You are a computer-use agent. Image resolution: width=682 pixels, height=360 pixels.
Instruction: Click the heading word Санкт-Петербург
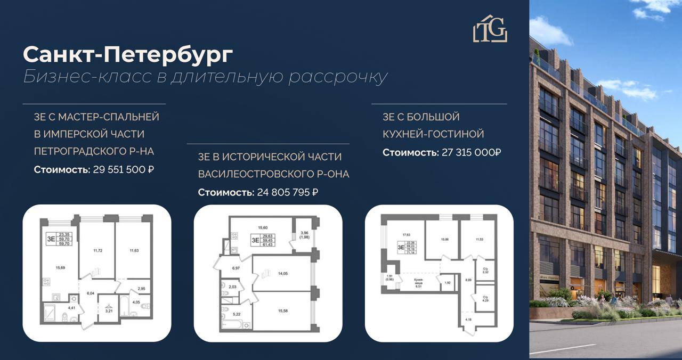pos(128,54)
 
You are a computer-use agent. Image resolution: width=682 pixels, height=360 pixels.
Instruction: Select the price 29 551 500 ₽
pos(123,170)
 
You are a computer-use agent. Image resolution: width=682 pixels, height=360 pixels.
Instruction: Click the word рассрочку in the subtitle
pos(337,77)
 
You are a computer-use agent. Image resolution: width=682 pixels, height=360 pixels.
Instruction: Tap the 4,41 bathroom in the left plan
pos(71,307)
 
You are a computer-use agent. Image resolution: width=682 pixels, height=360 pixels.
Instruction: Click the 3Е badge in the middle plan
pos(255,240)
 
